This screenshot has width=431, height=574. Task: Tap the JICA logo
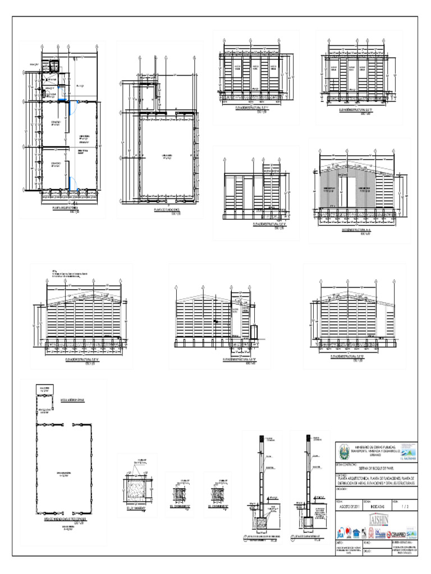click(341, 532)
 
